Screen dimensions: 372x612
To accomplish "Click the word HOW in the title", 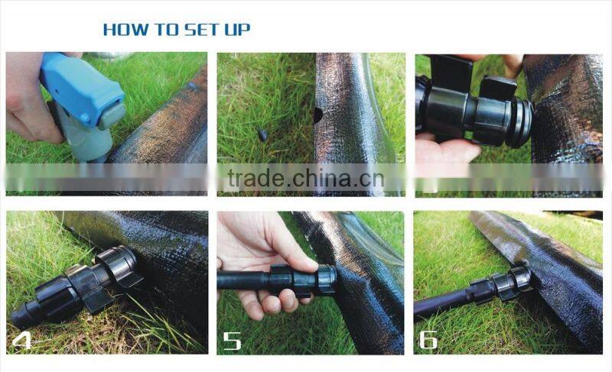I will point(121,30).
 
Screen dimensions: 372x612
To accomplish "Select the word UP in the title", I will point(236,30).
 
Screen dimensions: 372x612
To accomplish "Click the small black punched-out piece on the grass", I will point(262,135).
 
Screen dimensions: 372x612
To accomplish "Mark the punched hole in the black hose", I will point(317,115).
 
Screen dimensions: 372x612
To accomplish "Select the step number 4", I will point(22,339).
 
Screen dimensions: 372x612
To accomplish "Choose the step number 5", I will point(232,339).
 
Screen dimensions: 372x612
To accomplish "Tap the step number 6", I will point(429,339).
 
